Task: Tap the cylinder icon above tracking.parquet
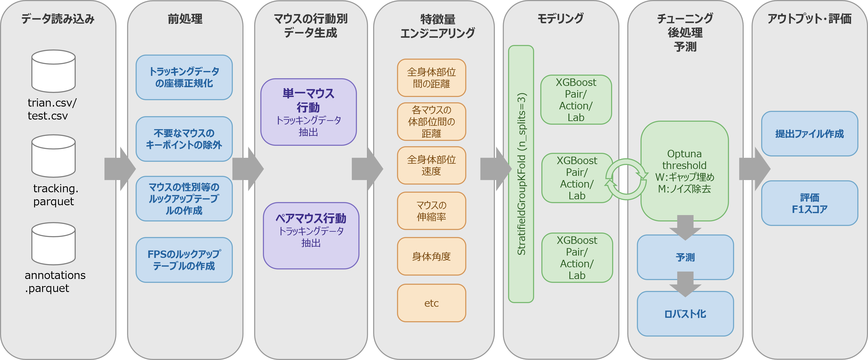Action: [53, 156]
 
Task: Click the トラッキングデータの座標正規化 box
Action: [184, 77]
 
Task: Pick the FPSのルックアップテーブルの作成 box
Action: [184, 260]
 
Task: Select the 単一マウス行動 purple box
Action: [308, 112]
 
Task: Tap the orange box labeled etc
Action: [431, 303]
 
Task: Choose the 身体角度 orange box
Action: [431, 256]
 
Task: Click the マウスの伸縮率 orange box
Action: [431, 211]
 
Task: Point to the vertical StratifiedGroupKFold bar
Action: [521, 174]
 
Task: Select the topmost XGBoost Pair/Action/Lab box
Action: [576, 100]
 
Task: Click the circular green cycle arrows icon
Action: [626, 179]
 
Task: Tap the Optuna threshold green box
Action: [684, 171]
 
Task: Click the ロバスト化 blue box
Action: [685, 314]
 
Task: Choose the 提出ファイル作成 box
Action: [809, 134]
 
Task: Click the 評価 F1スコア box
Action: [809, 203]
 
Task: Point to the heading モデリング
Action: [560, 19]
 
